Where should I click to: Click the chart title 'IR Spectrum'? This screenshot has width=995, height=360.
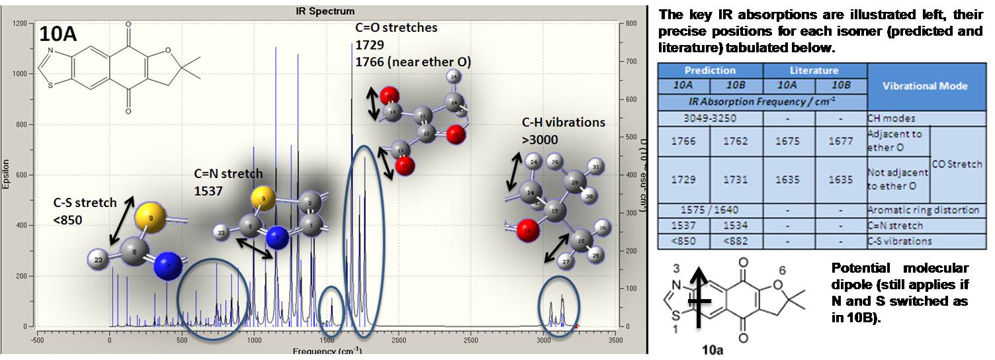pos(325,11)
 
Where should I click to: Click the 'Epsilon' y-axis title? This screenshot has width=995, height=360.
pos(6,175)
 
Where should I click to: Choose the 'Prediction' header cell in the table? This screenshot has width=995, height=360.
pos(710,70)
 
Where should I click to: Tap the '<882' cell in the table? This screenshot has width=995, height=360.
pos(737,241)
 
